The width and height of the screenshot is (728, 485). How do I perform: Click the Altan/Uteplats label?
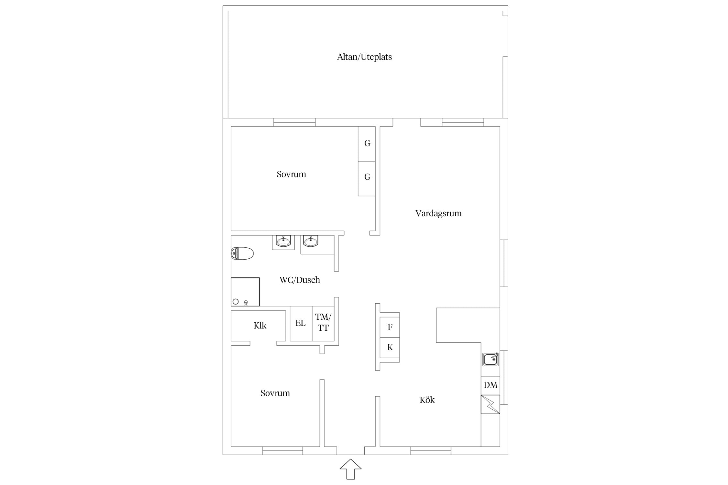[x=364, y=57]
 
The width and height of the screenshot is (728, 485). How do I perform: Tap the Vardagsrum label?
[x=438, y=213]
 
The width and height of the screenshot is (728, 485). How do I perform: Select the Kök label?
[x=427, y=400]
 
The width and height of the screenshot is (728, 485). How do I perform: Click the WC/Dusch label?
[x=300, y=280]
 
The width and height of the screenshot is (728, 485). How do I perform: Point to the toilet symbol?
[x=242, y=253]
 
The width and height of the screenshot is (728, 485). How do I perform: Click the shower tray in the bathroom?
[x=245, y=292]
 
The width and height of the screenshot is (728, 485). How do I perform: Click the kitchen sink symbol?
[x=491, y=359]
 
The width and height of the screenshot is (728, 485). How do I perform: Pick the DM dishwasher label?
[x=491, y=385]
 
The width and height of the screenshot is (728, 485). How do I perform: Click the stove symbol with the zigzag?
[x=491, y=404]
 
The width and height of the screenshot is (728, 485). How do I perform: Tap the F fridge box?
[x=390, y=327]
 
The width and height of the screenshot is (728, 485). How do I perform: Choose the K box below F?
[x=390, y=348]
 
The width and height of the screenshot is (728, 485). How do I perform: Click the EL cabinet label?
[x=301, y=323]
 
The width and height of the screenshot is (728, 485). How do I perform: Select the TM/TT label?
[x=323, y=322]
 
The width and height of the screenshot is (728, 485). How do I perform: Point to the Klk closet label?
[x=260, y=326]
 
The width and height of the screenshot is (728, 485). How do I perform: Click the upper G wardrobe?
[x=367, y=144]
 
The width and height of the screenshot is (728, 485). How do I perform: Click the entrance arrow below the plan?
[x=351, y=469]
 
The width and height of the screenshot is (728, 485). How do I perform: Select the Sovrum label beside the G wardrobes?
[x=291, y=174]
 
